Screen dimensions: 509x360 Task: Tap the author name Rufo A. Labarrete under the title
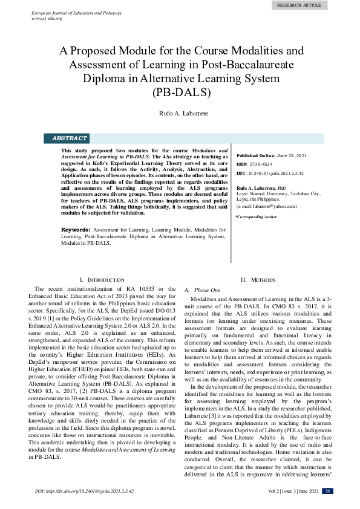coord(180,113)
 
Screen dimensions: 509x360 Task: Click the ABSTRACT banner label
coord(69,138)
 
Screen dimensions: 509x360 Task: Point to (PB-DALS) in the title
coord(180,92)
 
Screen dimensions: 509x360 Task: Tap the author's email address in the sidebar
coord(270,207)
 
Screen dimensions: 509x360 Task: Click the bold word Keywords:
coord(76,230)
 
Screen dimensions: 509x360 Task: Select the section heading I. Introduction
coord(102,280)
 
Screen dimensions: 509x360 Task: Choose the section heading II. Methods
coord(258,280)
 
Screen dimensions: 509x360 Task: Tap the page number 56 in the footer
coord(327,490)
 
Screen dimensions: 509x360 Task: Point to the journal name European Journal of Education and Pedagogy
coord(71,12)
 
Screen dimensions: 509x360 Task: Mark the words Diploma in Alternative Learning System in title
coord(180,79)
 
